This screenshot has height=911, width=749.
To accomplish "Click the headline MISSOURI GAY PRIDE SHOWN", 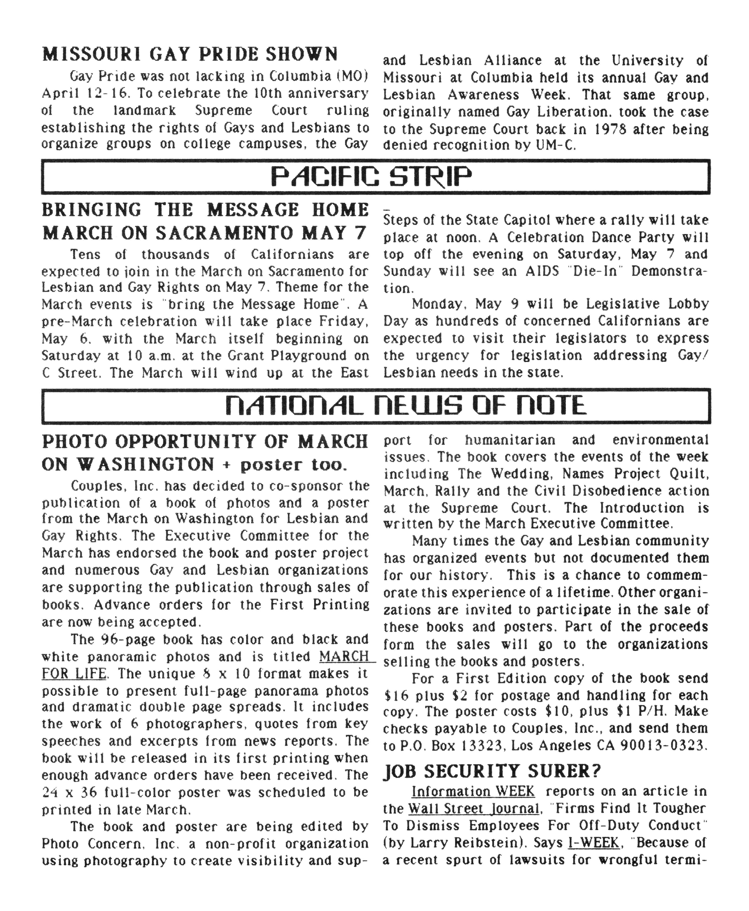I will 190,54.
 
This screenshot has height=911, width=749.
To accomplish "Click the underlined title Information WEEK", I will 473,791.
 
